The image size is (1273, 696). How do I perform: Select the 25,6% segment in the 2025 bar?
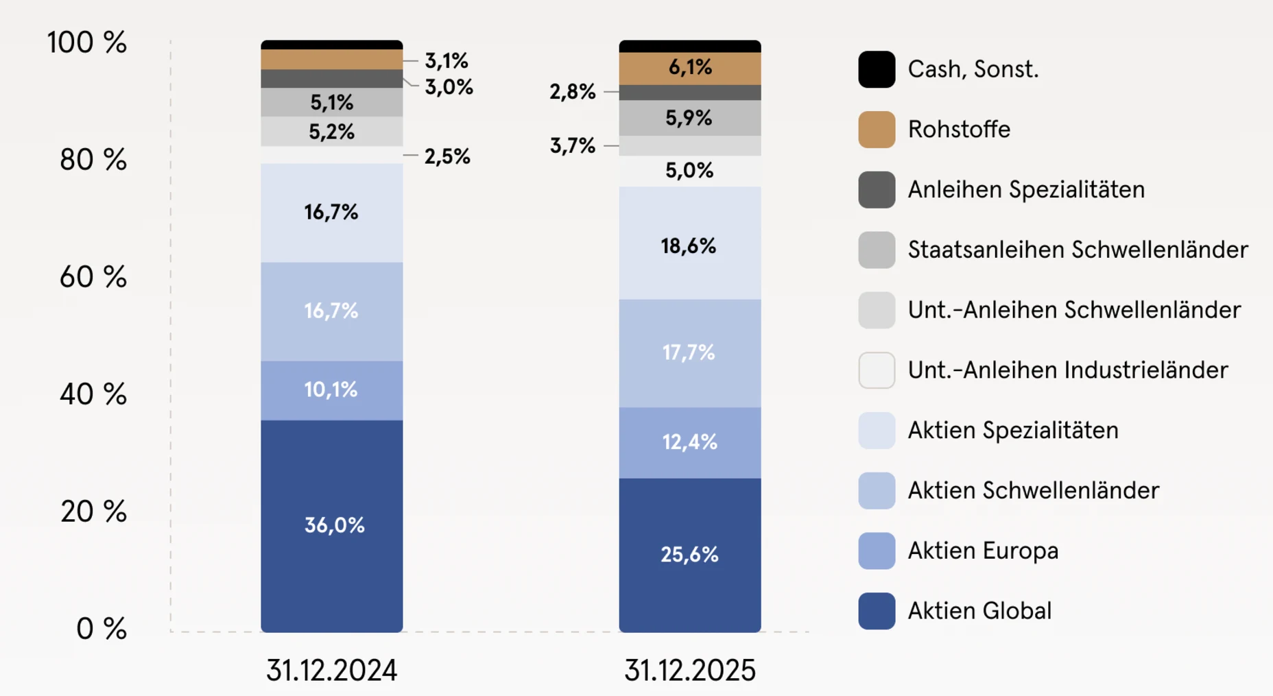pyautogui.click(x=689, y=554)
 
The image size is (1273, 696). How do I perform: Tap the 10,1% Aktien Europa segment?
pyautogui.click(x=331, y=389)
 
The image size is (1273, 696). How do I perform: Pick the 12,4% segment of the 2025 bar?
pyautogui.click(x=689, y=442)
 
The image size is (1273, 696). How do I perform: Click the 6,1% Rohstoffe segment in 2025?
pyautogui.click(x=689, y=67)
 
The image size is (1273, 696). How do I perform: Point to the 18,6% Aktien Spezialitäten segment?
pyautogui.click(x=689, y=246)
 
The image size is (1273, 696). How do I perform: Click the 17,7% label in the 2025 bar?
pyautogui.click(x=689, y=352)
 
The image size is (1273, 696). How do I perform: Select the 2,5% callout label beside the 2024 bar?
pyautogui.click(x=447, y=156)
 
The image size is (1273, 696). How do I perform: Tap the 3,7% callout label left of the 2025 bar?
pyautogui.click(x=572, y=145)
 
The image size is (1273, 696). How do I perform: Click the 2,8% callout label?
pyautogui.click(x=572, y=91)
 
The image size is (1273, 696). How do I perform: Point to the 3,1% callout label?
pyautogui.click(x=447, y=60)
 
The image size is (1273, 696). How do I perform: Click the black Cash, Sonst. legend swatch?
pyautogui.click(x=877, y=69)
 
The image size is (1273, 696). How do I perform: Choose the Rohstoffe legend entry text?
pyautogui.click(x=959, y=129)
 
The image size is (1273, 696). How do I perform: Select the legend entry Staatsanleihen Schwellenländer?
pyautogui.click(x=1078, y=250)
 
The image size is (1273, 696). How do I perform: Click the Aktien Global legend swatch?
pyautogui.click(x=877, y=611)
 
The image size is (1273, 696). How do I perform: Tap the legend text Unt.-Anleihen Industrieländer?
pyautogui.click(x=1067, y=370)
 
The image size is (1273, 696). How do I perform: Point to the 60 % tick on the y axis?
pyautogui.click(x=93, y=277)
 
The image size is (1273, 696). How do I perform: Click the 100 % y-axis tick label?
pyautogui.click(x=87, y=43)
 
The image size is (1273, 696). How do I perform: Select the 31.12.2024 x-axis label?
pyautogui.click(x=332, y=670)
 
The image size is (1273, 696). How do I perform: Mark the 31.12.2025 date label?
pyautogui.click(x=690, y=670)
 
